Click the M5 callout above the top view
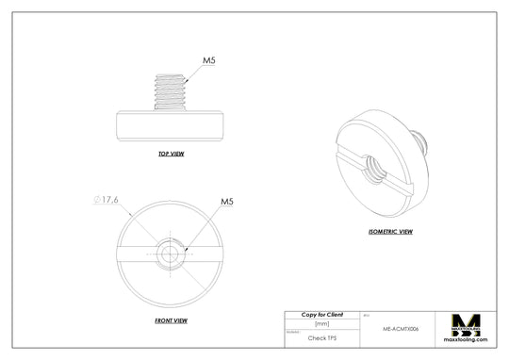[x=209, y=60]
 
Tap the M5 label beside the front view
[x=227, y=202]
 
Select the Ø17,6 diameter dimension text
[x=107, y=200]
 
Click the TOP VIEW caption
[x=171, y=153]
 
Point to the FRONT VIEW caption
[x=171, y=320]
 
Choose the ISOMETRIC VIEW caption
[x=390, y=231]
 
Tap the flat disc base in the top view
[x=171, y=125]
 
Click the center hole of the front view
[x=171, y=252]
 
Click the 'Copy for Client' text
[x=321, y=314]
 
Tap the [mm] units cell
[x=321, y=323]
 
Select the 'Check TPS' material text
[x=321, y=336]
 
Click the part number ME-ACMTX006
[x=401, y=330]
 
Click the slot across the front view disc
[x=132, y=252]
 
